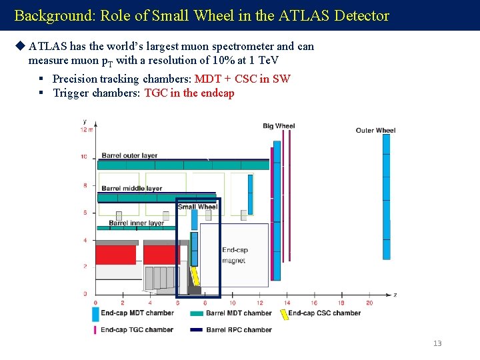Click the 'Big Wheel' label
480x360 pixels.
click(x=279, y=125)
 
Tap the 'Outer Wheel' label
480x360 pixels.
click(x=375, y=130)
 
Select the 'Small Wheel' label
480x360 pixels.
click(x=197, y=207)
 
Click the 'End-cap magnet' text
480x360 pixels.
click(x=234, y=255)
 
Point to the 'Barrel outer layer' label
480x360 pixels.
click(x=129, y=155)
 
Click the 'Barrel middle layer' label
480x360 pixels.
click(x=131, y=188)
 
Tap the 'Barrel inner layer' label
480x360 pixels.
click(x=136, y=223)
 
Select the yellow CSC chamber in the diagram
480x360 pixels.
click(x=195, y=275)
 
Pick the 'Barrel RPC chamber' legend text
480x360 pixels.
click(x=239, y=329)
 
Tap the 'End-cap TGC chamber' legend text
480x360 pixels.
click(x=137, y=329)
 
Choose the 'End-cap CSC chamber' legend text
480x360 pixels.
click(x=325, y=313)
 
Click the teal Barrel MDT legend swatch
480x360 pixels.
click(x=196, y=313)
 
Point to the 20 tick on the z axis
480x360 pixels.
click(x=369, y=303)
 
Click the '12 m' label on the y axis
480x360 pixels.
click(x=87, y=129)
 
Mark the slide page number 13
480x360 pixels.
click(x=437, y=343)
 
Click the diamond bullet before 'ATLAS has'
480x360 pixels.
click(x=19, y=47)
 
